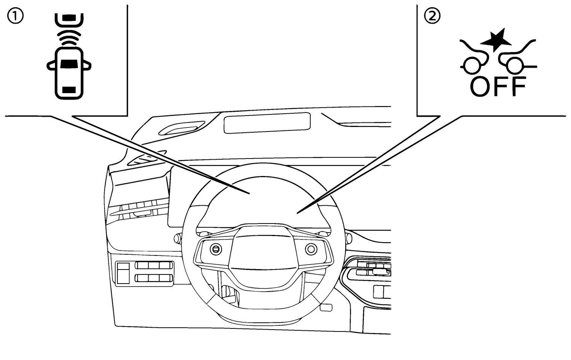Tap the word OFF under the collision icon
point(498,87)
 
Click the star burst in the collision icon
point(496,40)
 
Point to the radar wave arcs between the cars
point(69,38)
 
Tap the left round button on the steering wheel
point(216,249)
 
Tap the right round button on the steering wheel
point(311,249)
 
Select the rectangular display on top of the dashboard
point(267,123)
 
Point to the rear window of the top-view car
point(69,90)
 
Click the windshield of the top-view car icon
point(69,63)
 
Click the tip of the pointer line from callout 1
point(249,194)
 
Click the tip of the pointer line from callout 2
point(297,213)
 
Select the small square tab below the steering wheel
point(326,308)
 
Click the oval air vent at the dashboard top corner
point(182,128)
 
